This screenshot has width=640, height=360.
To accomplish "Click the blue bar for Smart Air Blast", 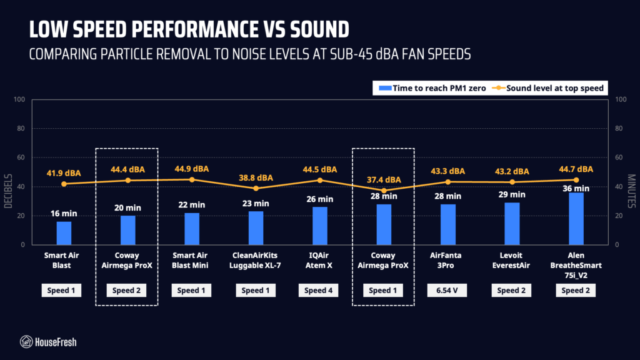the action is [64, 233].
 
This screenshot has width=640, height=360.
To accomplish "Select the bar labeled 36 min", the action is [576, 219].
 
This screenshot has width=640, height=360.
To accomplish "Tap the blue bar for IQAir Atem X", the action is [320, 226].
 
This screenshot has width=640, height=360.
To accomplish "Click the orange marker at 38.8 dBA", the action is [256, 189].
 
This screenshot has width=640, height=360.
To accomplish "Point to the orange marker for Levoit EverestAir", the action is [512, 182].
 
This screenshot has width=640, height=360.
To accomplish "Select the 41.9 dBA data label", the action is [64, 173].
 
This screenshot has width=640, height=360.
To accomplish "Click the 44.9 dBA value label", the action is [192, 169].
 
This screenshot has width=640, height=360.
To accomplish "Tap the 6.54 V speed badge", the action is [447, 290].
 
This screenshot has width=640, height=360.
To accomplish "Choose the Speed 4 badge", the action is [318, 290].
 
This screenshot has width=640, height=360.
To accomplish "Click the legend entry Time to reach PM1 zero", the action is [432, 88].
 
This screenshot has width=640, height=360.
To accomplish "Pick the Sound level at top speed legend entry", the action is [547, 88].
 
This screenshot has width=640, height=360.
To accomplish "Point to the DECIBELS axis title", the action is [8, 191].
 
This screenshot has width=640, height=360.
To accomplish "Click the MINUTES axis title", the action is [631, 191].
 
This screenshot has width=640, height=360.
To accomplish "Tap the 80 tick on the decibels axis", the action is [20, 128].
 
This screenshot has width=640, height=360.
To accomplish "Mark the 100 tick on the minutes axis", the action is [621, 99].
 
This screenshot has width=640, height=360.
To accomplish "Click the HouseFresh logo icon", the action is [26, 342].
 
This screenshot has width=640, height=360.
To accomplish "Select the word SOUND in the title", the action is [319, 29].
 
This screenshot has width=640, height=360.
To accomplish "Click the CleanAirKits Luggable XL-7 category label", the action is [255, 261].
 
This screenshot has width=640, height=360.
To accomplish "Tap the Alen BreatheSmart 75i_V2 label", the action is [576, 265].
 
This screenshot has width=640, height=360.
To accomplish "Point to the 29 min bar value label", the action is [512, 195].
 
